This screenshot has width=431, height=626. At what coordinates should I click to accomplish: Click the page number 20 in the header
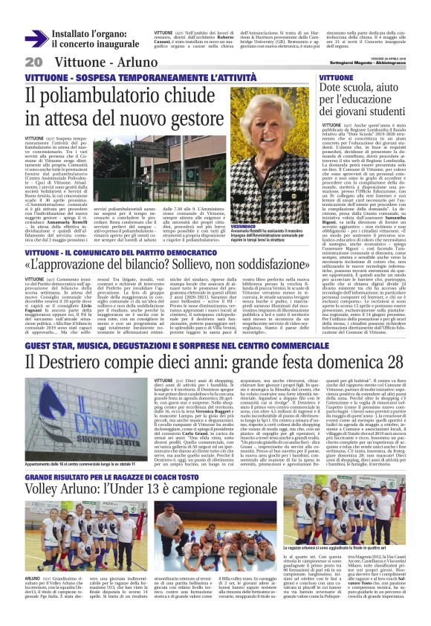(x=33, y=61)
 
